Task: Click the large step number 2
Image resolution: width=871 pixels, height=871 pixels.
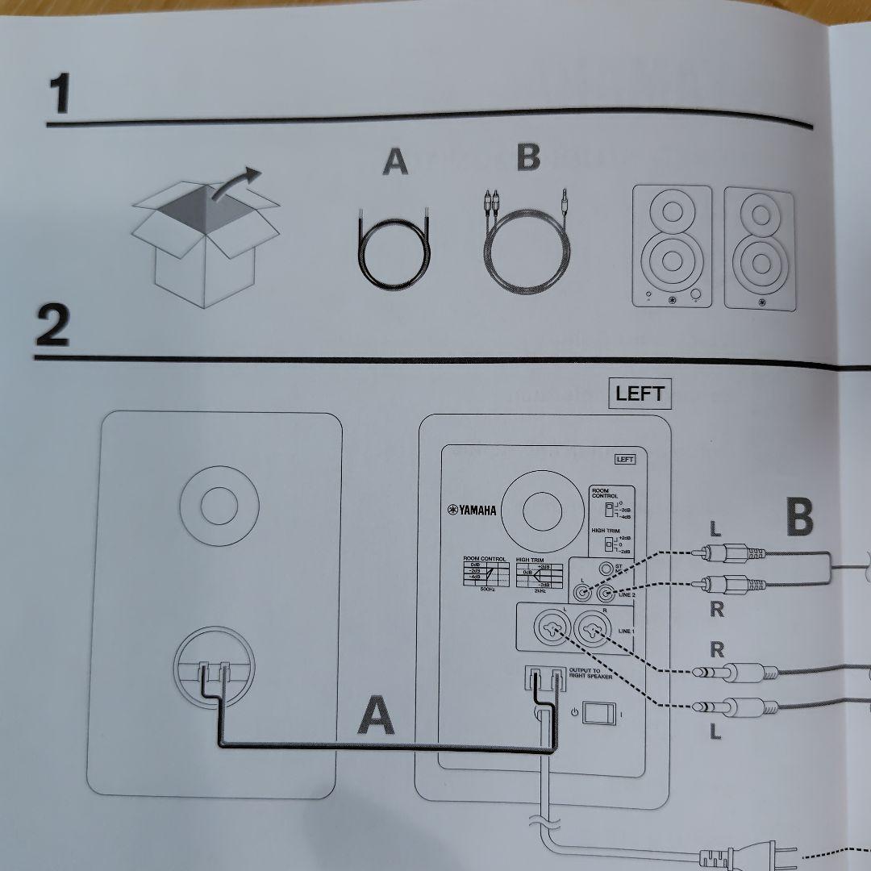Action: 52,327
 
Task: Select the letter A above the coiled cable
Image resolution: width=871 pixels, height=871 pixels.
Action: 394,162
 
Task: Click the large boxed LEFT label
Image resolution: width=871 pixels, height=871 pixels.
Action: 639,394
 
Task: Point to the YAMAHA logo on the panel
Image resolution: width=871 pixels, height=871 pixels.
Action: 473,510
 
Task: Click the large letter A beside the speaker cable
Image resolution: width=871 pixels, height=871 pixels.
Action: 377,716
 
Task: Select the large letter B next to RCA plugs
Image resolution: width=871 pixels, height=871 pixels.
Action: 798,518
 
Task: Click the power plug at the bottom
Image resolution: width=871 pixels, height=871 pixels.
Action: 730,853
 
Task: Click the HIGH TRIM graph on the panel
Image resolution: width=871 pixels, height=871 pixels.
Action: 538,574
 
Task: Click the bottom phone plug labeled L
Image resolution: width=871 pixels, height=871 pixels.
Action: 730,706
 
